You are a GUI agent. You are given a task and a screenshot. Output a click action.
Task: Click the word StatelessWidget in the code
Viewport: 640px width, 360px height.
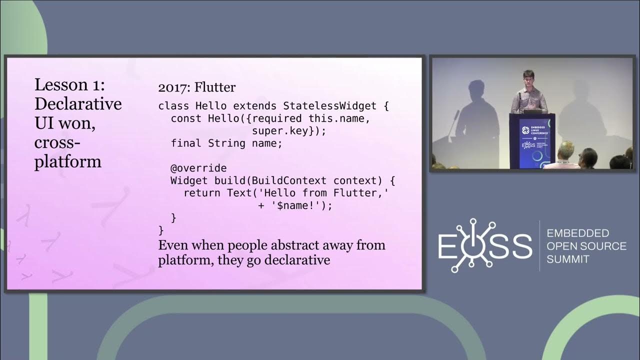point(336,106)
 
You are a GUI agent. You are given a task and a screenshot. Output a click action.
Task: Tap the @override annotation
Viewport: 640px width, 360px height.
point(198,168)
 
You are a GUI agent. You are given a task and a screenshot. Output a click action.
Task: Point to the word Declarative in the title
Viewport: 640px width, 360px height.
point(78,104)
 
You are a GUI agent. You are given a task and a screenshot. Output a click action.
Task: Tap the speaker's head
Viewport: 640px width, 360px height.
point(528,78)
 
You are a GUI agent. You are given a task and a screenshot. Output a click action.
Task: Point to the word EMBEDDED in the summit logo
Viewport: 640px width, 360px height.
point(577,233)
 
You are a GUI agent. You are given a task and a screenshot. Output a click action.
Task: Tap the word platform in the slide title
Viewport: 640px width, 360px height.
point(68,161)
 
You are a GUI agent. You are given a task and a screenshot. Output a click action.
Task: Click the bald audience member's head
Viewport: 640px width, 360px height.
point(566,148)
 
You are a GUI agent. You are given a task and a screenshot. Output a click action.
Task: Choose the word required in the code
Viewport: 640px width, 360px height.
point(277,118)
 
